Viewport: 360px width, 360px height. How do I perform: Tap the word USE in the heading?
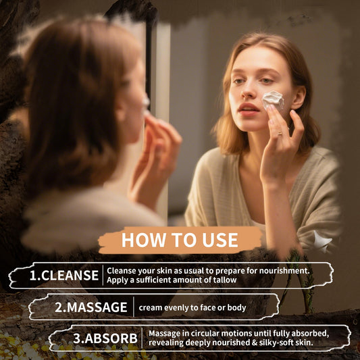(x=220, y=240)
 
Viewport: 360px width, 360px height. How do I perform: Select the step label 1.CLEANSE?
(x=64, y=276)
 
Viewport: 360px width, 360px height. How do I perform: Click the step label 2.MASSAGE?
(x=91, y=307)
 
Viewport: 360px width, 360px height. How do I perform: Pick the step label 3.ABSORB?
(x=105, y=338)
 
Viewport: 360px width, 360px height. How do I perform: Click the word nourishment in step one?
(x=284, y=271)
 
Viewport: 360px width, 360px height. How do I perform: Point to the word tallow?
(x=225, y=280)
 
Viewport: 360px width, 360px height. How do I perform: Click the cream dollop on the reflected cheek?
(x=274, y=100)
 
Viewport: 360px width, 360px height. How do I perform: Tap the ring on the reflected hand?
(x=280, y=133)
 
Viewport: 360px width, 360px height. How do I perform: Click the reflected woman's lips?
(x=248, y=109)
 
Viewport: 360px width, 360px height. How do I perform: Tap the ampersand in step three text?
(x=254, y=343)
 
